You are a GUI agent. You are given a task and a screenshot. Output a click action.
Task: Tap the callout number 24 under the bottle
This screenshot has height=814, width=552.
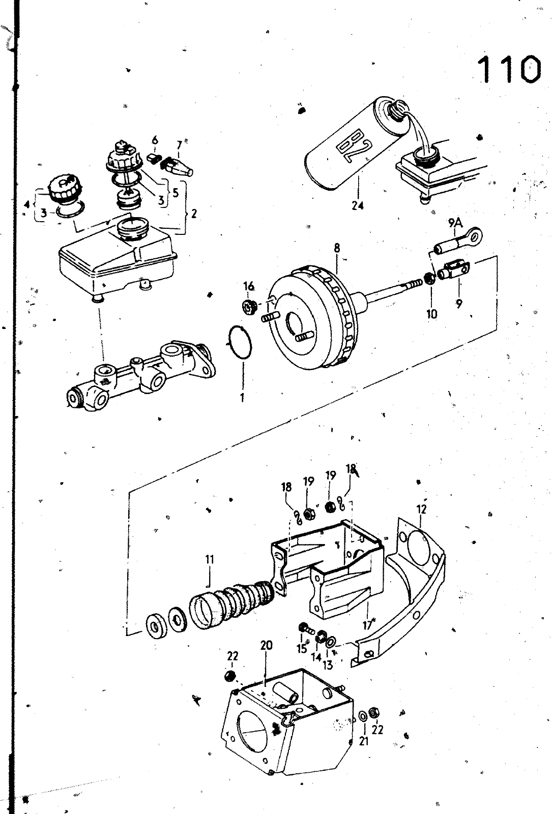click(x=358, y=206)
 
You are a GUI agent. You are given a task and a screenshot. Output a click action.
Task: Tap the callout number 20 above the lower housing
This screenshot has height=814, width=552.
click(x=266, y=645)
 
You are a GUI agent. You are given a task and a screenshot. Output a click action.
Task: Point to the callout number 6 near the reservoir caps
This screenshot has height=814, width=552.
click(x=155, y=139)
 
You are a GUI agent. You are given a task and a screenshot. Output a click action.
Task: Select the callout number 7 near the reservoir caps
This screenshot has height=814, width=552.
click(x=179, y=145)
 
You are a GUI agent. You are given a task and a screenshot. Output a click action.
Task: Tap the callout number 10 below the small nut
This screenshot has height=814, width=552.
click(x=432, y=313)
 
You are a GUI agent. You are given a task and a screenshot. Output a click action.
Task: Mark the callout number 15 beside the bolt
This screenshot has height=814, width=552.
click(x=302, y=648)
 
